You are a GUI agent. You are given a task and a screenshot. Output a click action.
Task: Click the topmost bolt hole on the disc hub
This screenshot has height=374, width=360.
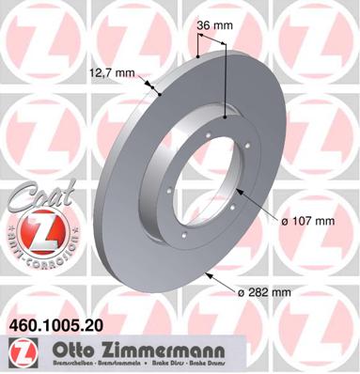(227, 117)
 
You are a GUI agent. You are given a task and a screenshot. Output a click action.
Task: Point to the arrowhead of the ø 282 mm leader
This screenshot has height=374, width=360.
(206, 274)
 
